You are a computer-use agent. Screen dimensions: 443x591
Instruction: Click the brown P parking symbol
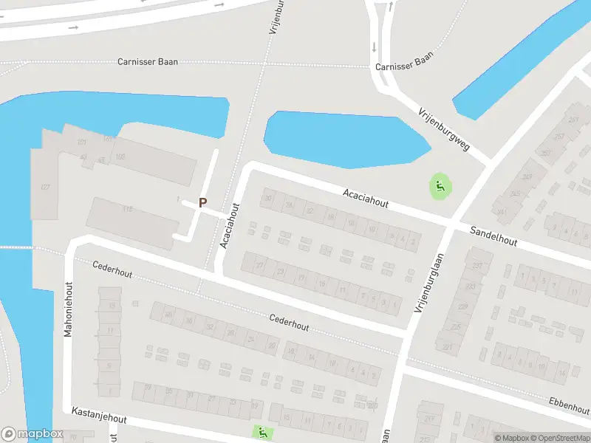pos(202,202)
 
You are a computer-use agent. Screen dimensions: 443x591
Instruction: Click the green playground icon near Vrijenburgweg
pos(440,187)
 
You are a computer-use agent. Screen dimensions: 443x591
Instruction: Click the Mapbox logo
pos(31,434)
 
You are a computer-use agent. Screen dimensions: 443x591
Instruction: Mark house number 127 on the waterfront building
pos(45,187)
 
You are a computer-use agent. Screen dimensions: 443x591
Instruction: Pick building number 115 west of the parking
pos(128,210)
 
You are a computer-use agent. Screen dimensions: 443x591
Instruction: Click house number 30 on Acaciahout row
pos(268,198)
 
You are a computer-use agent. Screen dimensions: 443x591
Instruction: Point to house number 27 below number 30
pos(259,265)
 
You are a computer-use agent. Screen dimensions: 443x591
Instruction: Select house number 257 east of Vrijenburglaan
pos(558,137)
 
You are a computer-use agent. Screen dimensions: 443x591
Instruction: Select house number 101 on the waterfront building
pos(81,142)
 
